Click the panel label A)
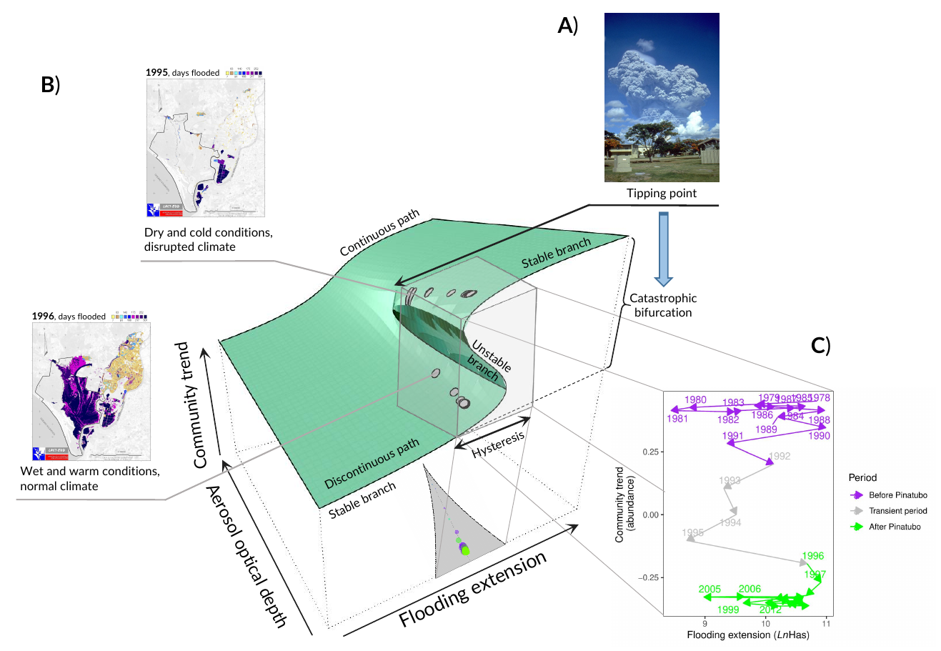tap(567, 26)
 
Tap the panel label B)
tap(50, 84)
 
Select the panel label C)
tap(821, 346)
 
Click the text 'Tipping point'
tap(662, 193)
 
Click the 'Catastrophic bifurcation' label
tap(663, 305)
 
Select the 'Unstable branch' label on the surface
tap(489, 357)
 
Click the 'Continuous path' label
tap(379, 232)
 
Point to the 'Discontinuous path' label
tap(371, 464)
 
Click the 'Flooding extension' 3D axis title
tap(473, 590)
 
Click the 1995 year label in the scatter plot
tap(692, 533)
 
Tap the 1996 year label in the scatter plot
tap(813, 556)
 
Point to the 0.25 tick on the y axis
tap(648, 452)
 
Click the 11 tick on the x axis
tap(826, 622)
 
